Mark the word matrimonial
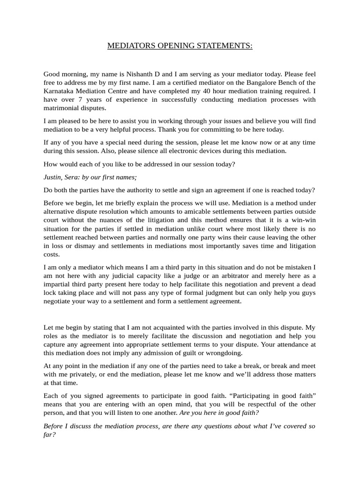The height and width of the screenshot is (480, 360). [x=61, y=108]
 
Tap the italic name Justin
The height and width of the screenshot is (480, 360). [x=52, y=177]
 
